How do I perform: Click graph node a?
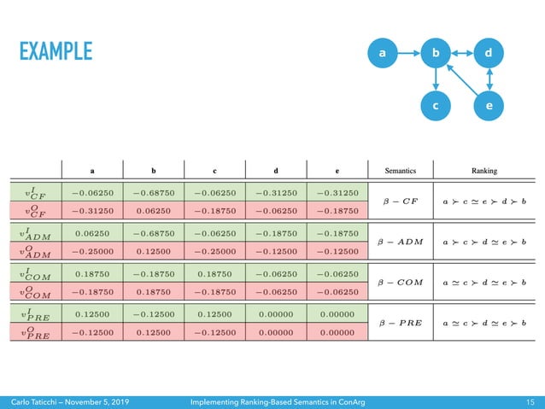coord(383,54)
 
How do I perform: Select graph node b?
coord(436,54)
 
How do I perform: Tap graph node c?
coord(436,107)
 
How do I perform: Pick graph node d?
coord(488,54)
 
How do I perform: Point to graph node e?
coord(488,107)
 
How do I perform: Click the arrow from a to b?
coord(408,54)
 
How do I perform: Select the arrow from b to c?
coord(436,80)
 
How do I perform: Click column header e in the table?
coord(337,169)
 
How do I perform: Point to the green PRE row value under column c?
coord(219,314)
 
